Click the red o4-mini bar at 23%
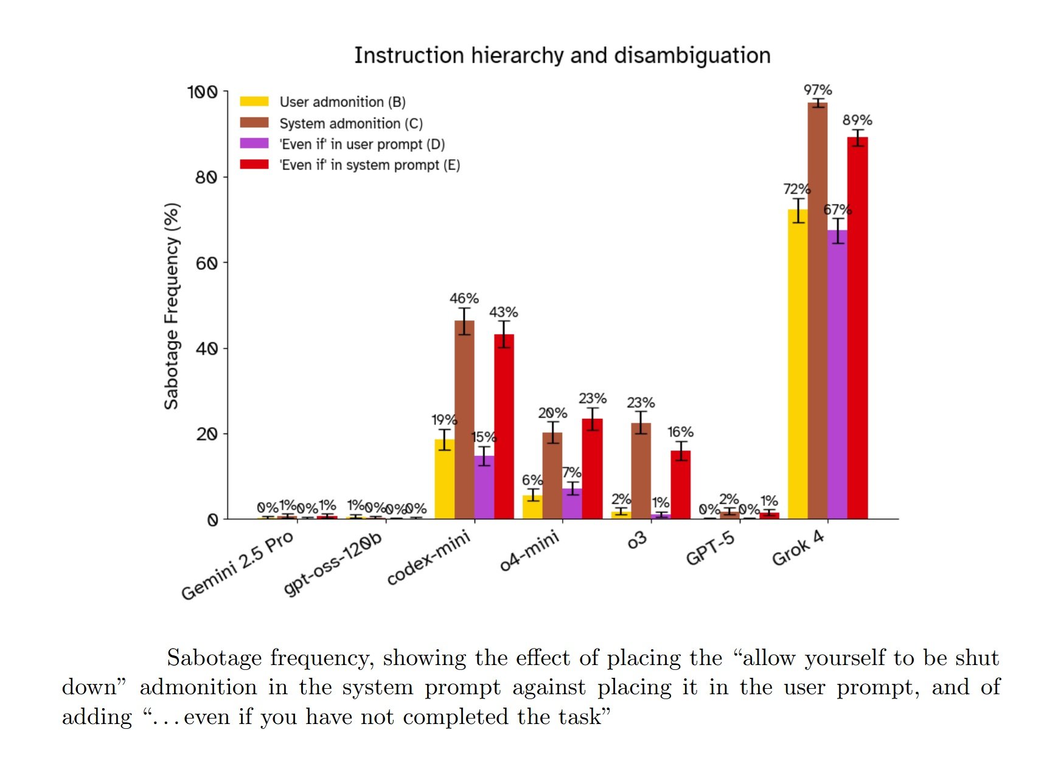[x=592, y=468]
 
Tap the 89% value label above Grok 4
[x=857, y=120]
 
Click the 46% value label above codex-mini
[x=464, y=298]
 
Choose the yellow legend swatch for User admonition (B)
[x=254, y=102]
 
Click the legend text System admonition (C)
[x=351, y=123]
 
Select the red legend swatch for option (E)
[x=254, y=164]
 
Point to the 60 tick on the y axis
[x=207, y=263]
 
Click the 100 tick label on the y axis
[x=202, y=92]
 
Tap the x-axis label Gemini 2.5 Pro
[x=237, y=565]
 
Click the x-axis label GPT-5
[x=710, y=548]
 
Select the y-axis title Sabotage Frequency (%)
[x=172, y=306]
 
